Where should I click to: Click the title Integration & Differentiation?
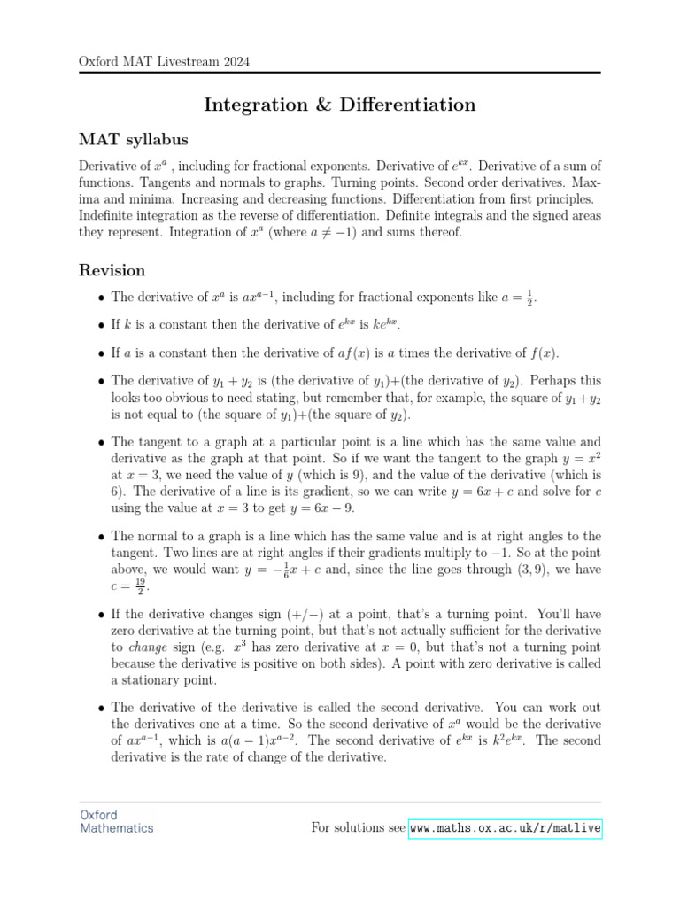click(x=339, y=105)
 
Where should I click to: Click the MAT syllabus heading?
click(x=133, y=140)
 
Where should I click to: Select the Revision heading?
click(x=112, y=269)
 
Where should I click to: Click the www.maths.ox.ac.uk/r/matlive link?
click(x=505, y=828)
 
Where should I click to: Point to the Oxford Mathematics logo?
click(x=116, y=821)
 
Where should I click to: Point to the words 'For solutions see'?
click(x=357, y=828)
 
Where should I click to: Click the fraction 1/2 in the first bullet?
click(x=529, y=298)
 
